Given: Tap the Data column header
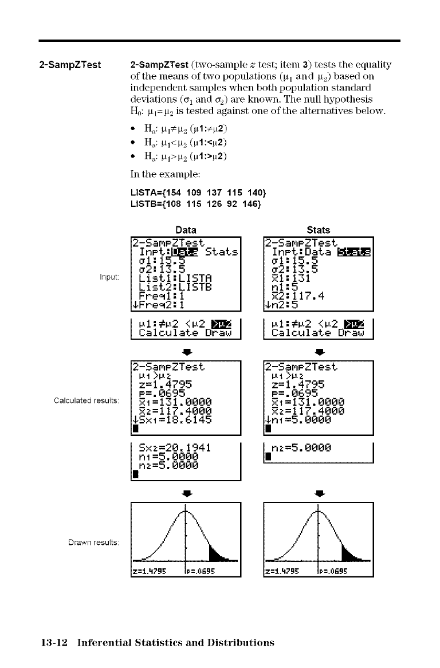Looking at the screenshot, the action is (x=186, y=230).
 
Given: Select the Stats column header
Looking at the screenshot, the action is (x=319, y=230).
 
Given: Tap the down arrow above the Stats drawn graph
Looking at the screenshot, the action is (x=319, y=491).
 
